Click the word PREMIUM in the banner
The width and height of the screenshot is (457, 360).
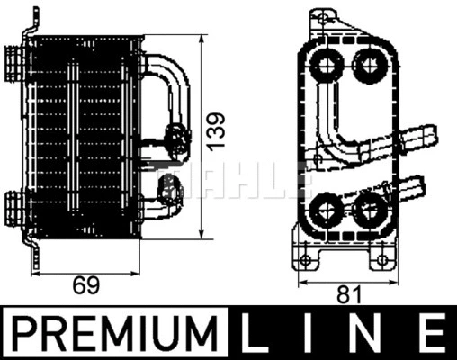[x=114, y=335]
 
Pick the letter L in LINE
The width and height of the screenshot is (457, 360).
[x=256, y=335]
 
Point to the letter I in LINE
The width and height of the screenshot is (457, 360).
[x=310, y=335]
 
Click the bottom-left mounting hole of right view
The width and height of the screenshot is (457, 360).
[x=307, y=260]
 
